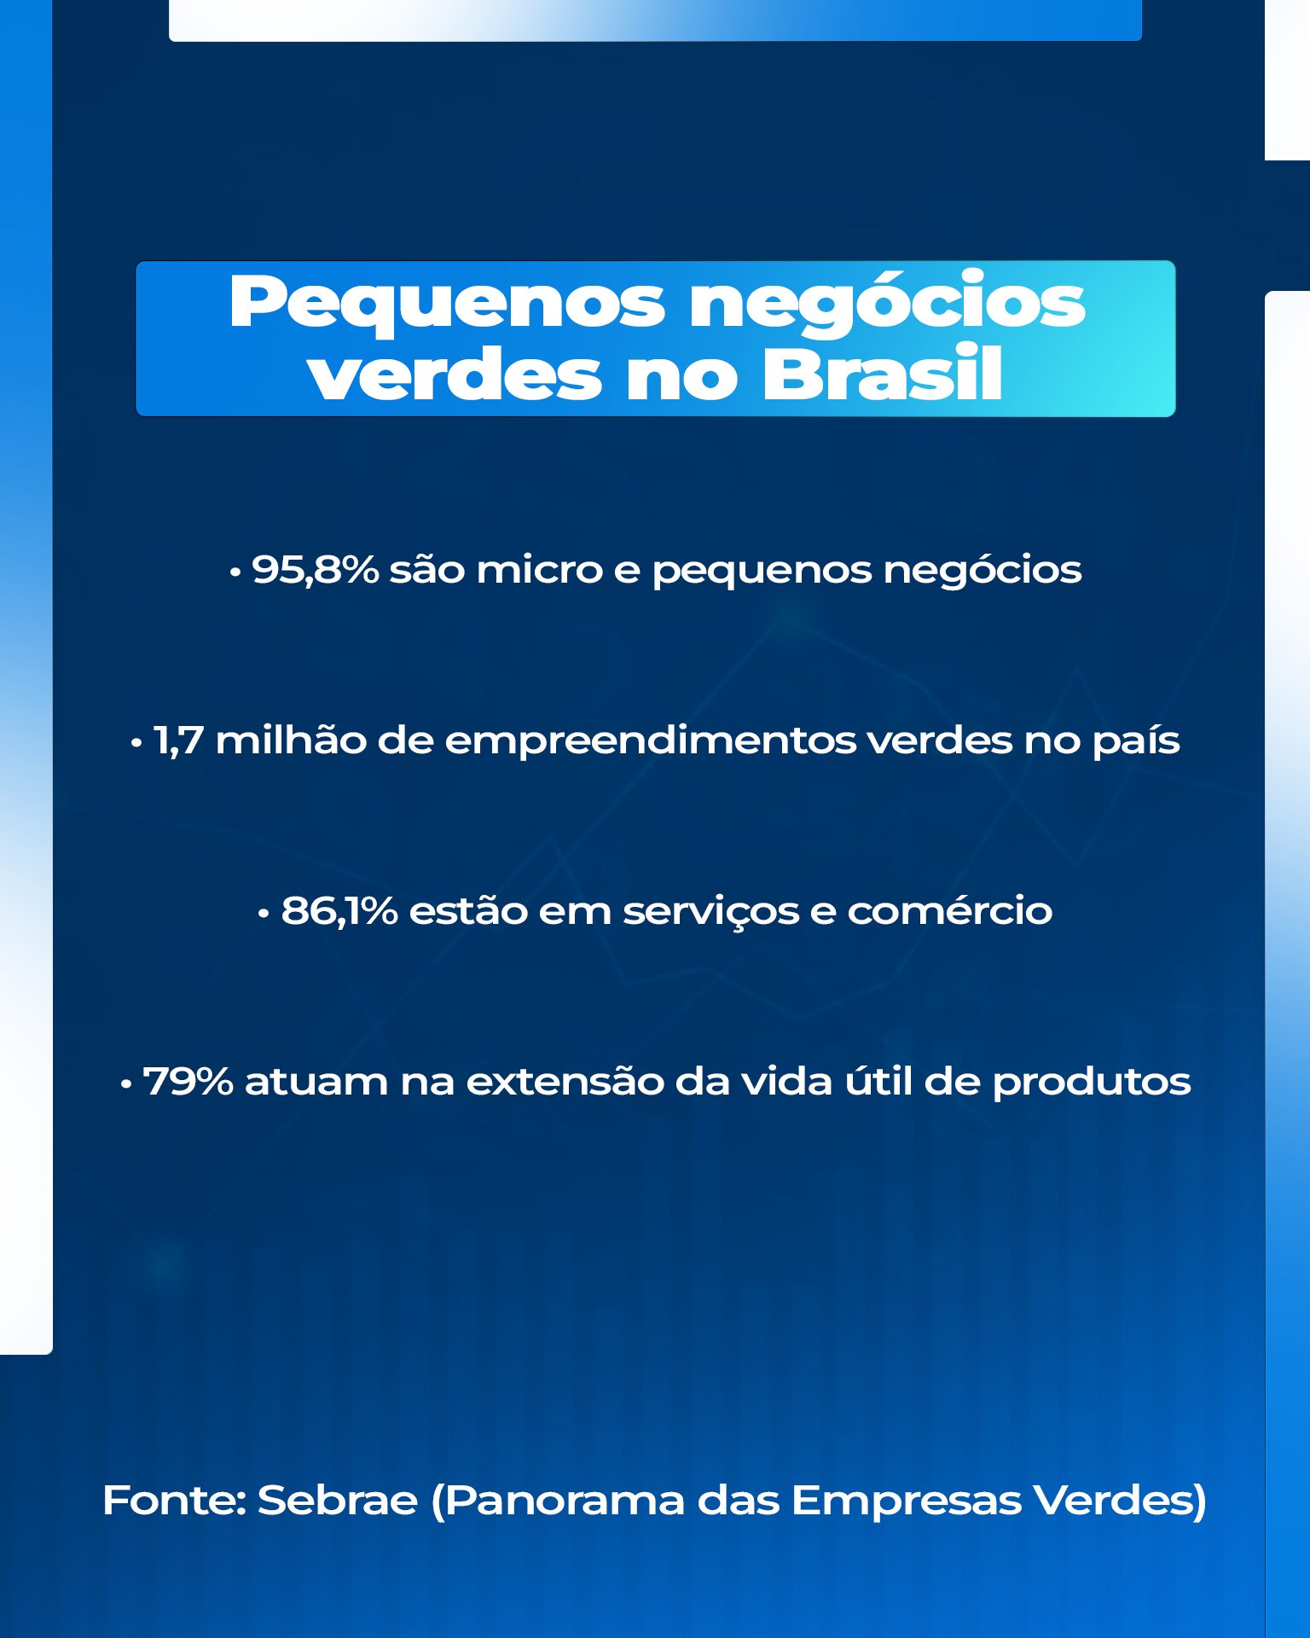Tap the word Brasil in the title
coord(882,374)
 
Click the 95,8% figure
coord(316,570)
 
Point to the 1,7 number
coord(178,741)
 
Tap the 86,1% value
coord(339,911)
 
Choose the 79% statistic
coord(188,1082)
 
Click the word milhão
coord(291,739)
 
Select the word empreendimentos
coord(651,741)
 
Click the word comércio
coord(949,909)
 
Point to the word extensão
coord(564,1080)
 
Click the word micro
coord(539,570)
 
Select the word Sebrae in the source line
coord(338,1500)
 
